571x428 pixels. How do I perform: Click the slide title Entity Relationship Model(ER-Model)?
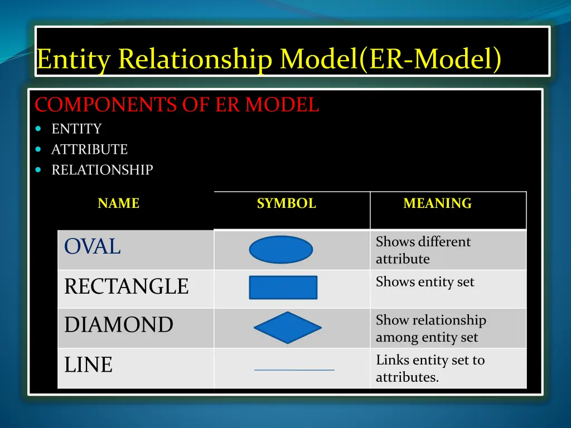click(268, 60)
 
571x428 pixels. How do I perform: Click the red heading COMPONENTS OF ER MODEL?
click(177, 105)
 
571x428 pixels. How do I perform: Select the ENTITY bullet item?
click(76, 129)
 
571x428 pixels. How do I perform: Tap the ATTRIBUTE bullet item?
click(89, 150)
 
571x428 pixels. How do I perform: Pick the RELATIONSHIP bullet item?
click(102, 170)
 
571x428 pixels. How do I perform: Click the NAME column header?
click(118, 204)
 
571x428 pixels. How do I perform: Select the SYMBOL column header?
click(286, 204)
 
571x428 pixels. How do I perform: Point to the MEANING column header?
click(437, 204)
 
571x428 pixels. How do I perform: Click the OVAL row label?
click(92, 246)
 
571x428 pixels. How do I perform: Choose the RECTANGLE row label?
click(126, 286)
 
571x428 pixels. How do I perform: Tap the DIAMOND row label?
click(118, 325)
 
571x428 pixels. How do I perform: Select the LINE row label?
click(88, 365)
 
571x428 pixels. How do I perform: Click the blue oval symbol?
click(280, 250)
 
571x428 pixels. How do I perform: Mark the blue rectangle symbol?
click(283, 288)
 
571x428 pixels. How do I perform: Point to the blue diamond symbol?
click(287, 328)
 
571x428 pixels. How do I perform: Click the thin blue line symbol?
click(294, 369)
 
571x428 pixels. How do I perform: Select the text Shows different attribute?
click(423, 250)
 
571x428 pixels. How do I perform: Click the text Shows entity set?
click(424, 282)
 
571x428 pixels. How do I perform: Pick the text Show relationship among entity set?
click(430, 328)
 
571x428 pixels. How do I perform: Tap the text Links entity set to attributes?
click(430, 368)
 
